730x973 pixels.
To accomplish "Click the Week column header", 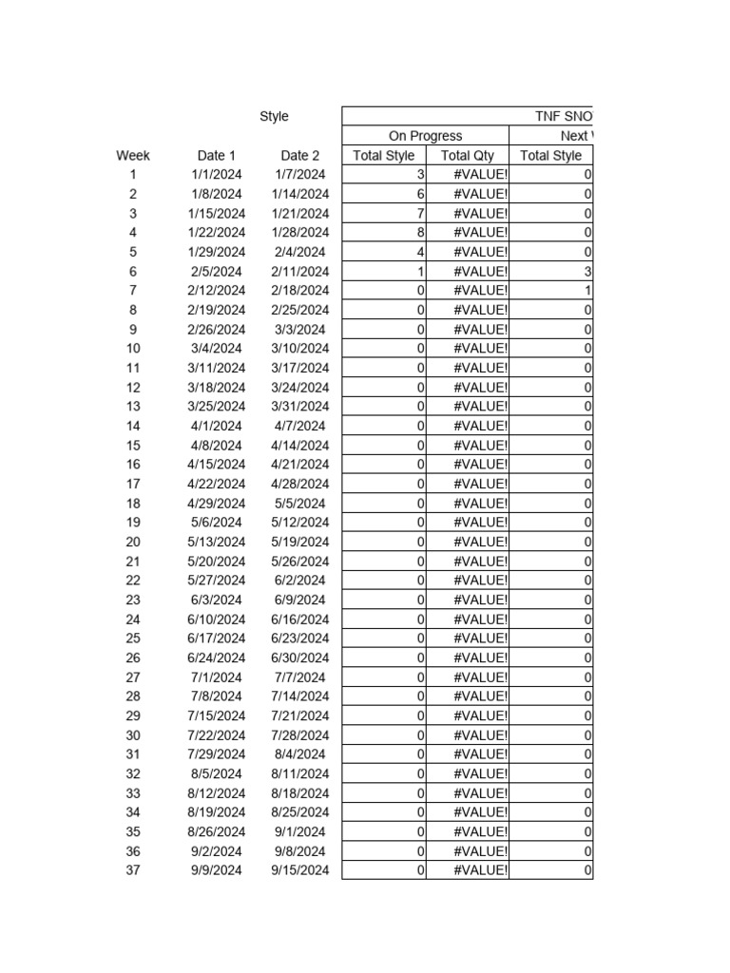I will [x=133, y=156].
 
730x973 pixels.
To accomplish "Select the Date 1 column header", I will [x=217, y=156].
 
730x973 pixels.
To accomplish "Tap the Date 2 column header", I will [x=300, y=156].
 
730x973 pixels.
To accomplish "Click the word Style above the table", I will [x=274, y=117].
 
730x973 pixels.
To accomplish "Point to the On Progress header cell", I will [x=425, y=136].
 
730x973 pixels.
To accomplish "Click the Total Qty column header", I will [x=468, y=156].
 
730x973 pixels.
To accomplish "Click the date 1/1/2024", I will [x=217, y=175].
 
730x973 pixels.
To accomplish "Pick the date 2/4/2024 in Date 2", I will [x=300, y=252].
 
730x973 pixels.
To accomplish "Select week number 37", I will [x=133, y=870].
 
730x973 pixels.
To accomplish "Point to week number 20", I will [x=133, y=542].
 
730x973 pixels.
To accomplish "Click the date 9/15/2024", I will [x=300, y=870].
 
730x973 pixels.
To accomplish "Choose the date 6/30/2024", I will [x=300, y=658].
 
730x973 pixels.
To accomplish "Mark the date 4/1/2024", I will [x=217, y=426].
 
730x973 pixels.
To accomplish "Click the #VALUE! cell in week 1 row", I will [x=480, y=175].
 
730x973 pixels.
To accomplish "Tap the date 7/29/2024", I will [x=217, y=754].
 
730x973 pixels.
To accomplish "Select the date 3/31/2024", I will [x=300, y=407].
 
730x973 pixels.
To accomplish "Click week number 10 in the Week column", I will [x=133, y=349].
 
